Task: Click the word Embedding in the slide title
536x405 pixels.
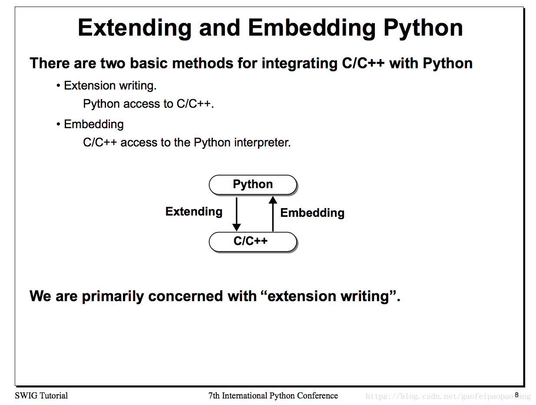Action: pyautogui.click(x=311, y=28)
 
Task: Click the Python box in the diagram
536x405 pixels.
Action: pyautogui.click(x=252, y=184)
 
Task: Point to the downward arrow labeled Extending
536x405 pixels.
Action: pyautogui.click(x=236, y=214)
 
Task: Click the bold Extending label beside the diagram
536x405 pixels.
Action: pyautogui.click(x=194, y=212)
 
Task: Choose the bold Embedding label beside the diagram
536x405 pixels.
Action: pyautogui.click(x=312, y=213)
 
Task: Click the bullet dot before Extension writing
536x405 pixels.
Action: pyautogui.click(x=58, y=86)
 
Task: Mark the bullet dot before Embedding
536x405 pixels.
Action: pyautogui.click(x=58, y=124)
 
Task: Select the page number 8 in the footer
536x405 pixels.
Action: pyautogui.click(x=516, y=395)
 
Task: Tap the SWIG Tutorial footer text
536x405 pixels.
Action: pyautogui.click(x=41, y=395)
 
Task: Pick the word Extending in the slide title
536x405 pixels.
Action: pyautogui.click(x=135, y=28)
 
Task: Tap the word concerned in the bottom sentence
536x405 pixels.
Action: pyautogui.click(x=185, y=296)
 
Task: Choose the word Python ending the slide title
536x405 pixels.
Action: pyautogui.click(x=423, y=28)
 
